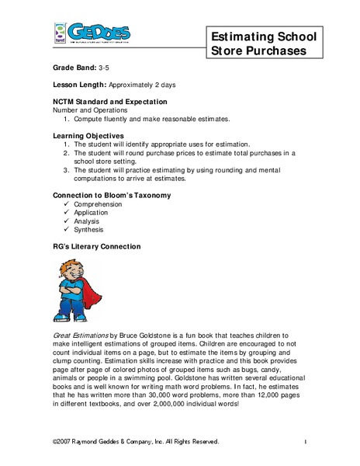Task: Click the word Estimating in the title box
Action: pos(244,37)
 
